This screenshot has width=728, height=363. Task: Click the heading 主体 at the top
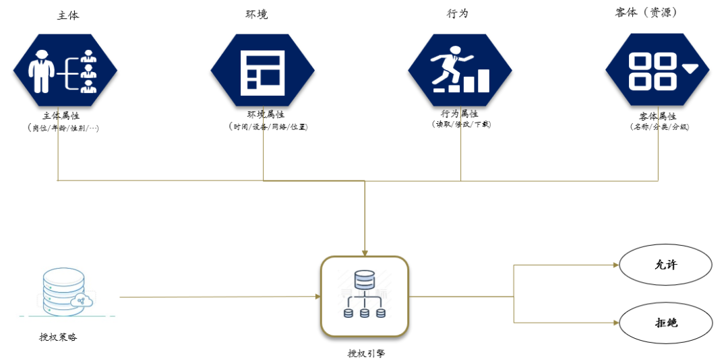pyautogui.click(x=67, y=15)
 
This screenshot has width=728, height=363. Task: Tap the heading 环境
pyautogui.click(x=256, y=14)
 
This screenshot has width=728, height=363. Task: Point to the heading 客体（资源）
pyautogui.click(x=645, y=13)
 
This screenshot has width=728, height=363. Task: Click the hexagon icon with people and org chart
pyautogui.click(x=65, y=69)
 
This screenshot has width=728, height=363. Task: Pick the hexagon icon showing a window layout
pyautogui.click(x=262, y=69)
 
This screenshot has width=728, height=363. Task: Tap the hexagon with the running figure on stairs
pyautogui.click(x=460, y=69)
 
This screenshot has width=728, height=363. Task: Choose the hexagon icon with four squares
pyautogui.click(x=657, y=69)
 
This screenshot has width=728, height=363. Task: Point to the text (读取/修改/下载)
pyautogui.click(x=461, y=125)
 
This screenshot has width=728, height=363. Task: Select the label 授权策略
pyautogui.click(x=58, y=337)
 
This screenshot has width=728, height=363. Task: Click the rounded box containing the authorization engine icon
pyautogui.click(x=365, y=296)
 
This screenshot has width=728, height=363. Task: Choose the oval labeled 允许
pyautogui.click(x=666, y=265)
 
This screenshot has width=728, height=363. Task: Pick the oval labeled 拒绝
pyautogui.click(x=666, y=323)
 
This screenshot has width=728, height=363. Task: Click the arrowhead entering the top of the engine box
pyautogui.click(x=365, y=253)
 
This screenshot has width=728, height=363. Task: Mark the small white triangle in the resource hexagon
pyautogui.click(x=690, y=68)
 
